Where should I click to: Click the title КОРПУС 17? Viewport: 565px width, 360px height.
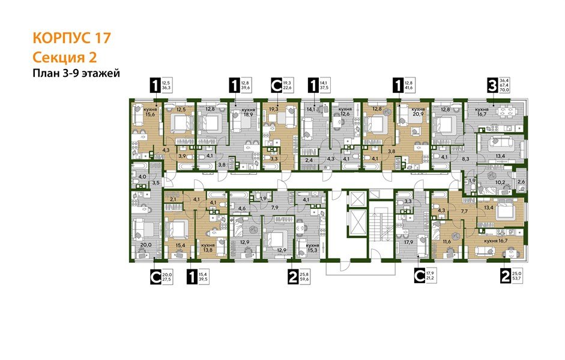pos(71,38)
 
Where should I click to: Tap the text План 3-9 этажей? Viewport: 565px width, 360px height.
pos(77,74)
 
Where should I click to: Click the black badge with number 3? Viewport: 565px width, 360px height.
pos(492,86)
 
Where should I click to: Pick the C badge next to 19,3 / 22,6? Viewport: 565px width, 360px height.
pos(276,86)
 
